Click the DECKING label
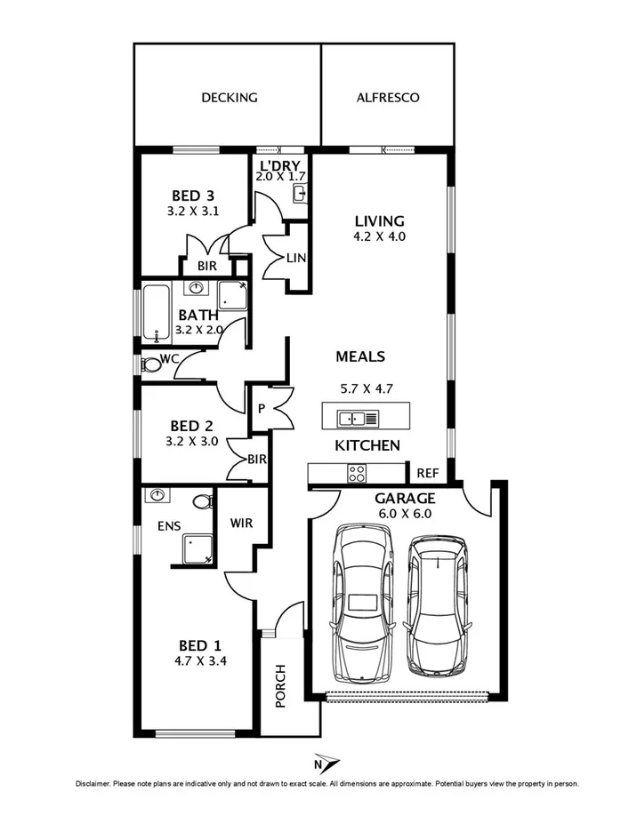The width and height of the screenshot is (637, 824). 229,98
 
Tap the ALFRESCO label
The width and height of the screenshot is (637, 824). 387,98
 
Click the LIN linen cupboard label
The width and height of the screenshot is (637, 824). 297,257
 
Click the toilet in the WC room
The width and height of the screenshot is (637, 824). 151,364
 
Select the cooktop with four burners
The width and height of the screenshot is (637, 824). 358,473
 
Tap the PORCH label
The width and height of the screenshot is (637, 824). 280,685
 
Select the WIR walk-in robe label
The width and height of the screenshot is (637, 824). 241,523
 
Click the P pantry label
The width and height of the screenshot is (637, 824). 262,409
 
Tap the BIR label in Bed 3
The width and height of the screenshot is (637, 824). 205,266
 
